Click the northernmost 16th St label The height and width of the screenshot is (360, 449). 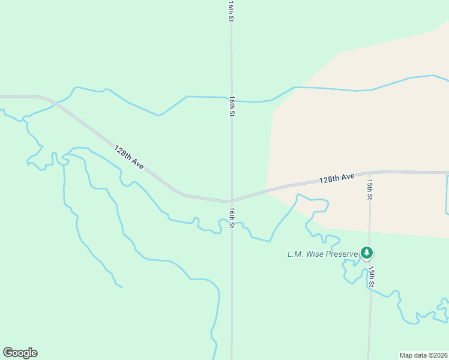click(231, 11)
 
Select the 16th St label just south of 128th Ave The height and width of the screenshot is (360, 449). click(232, 218)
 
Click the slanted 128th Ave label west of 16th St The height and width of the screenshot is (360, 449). click(129, 157)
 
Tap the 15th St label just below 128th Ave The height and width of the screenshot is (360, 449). click(370, 188)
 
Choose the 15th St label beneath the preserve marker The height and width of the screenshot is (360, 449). click(372, 277)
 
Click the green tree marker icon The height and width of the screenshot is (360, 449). click(366, 253)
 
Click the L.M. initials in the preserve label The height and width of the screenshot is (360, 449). click(294, 254)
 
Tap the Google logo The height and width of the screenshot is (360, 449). click(20, 353)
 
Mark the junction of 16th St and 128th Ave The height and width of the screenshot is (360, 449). click(232, 200)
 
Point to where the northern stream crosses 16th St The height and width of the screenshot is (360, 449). click(232, 97)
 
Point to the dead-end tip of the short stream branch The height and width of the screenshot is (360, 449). click(122, 287)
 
